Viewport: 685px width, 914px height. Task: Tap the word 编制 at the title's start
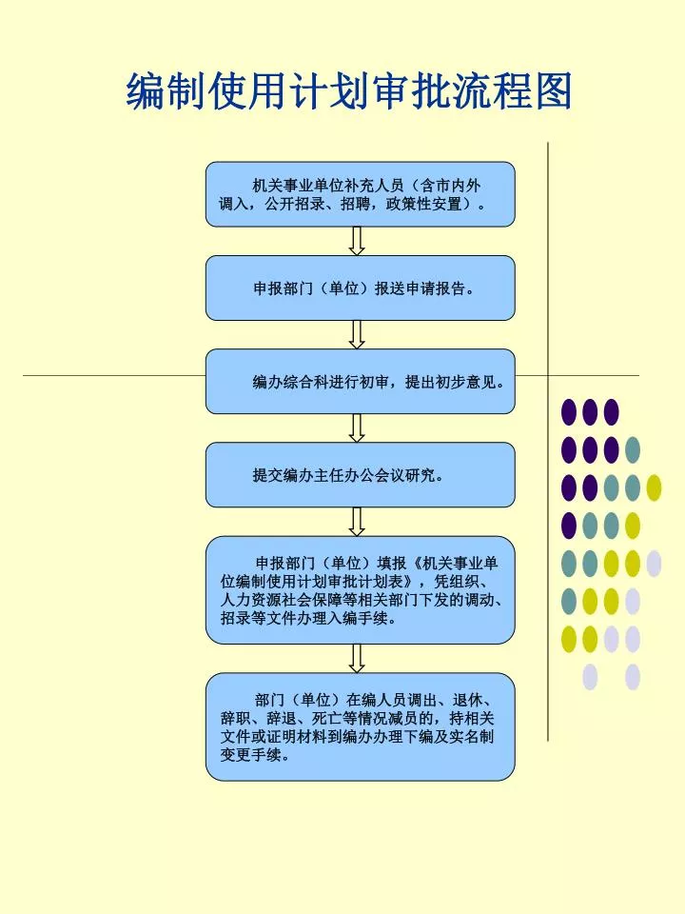(166, 91)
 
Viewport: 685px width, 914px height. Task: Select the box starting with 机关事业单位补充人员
(360, 194)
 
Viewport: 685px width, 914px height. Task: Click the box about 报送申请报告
(360, 288)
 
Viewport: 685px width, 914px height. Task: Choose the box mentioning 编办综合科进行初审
(360, 381)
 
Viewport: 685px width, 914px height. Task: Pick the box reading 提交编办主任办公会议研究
(360, 474)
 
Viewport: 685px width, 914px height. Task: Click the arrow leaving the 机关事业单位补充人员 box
(357, 241)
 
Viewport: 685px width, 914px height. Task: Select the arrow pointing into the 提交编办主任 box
(357, 427)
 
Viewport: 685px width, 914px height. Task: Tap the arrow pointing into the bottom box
(357, 658)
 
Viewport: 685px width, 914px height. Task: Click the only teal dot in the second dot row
(633, 450)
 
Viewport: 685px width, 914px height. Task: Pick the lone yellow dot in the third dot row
(655, 487)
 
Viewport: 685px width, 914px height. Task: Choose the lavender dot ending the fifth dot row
(655, 564)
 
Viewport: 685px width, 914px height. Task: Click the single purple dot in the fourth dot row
(569, 526)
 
